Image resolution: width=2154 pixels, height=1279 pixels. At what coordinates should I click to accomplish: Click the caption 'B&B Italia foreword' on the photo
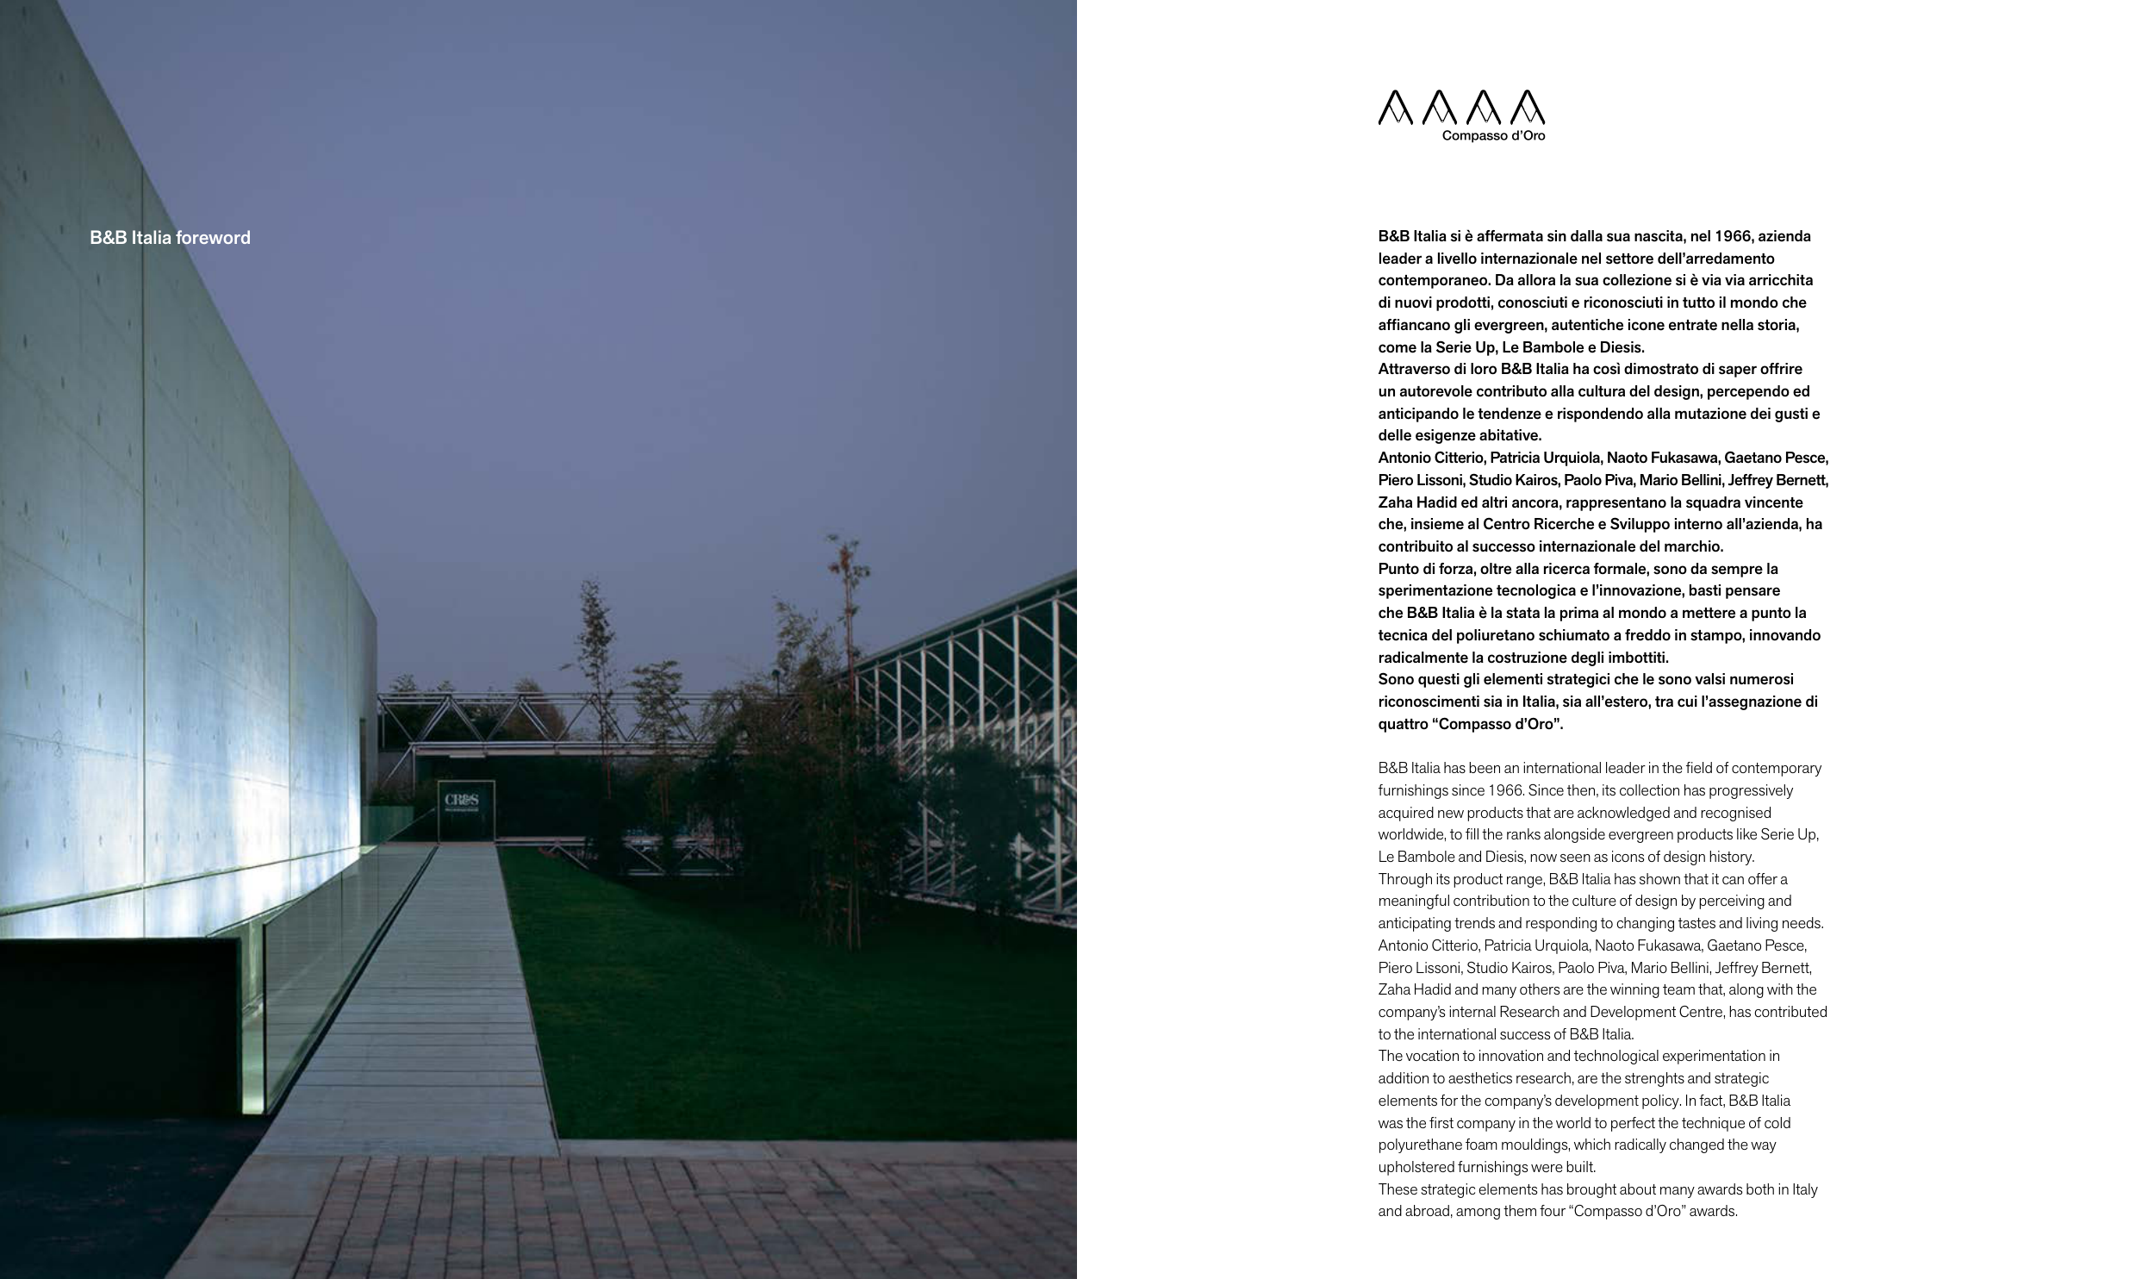point(170,238)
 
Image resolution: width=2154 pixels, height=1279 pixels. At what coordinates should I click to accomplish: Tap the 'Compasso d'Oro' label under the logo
point(1493,135)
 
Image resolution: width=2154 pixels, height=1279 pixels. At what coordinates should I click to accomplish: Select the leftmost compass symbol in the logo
point(1395,108)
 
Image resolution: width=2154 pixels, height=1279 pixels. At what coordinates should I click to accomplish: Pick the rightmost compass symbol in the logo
point(1528,108)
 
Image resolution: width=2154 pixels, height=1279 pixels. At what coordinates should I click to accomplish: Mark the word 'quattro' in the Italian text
point(1402,724)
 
